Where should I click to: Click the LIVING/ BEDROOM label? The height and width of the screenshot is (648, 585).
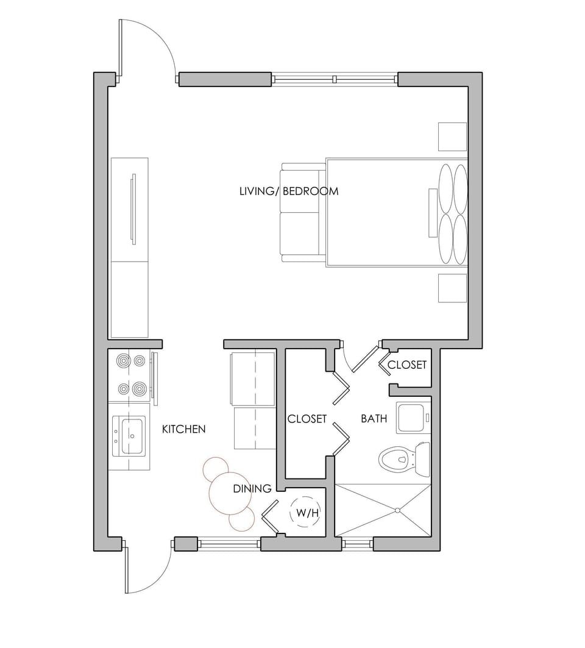[289, 191]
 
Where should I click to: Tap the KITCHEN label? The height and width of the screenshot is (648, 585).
[183, 429]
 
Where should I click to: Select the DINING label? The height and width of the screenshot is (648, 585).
[252, 489]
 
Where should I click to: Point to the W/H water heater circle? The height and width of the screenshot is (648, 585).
[308, 513]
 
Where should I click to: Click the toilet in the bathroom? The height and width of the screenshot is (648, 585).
[403, 457]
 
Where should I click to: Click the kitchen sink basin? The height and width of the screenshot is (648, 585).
[132, 435]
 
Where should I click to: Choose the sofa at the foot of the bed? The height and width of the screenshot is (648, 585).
[301, 212]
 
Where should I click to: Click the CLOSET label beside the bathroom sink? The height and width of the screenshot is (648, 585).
[407, 365]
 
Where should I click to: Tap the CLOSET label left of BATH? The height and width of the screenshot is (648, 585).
[307, 419]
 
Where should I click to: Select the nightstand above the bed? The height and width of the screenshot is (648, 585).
[452, 137]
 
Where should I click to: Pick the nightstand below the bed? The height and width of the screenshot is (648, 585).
[452, 288]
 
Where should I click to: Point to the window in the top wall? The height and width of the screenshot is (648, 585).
[334, 79]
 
